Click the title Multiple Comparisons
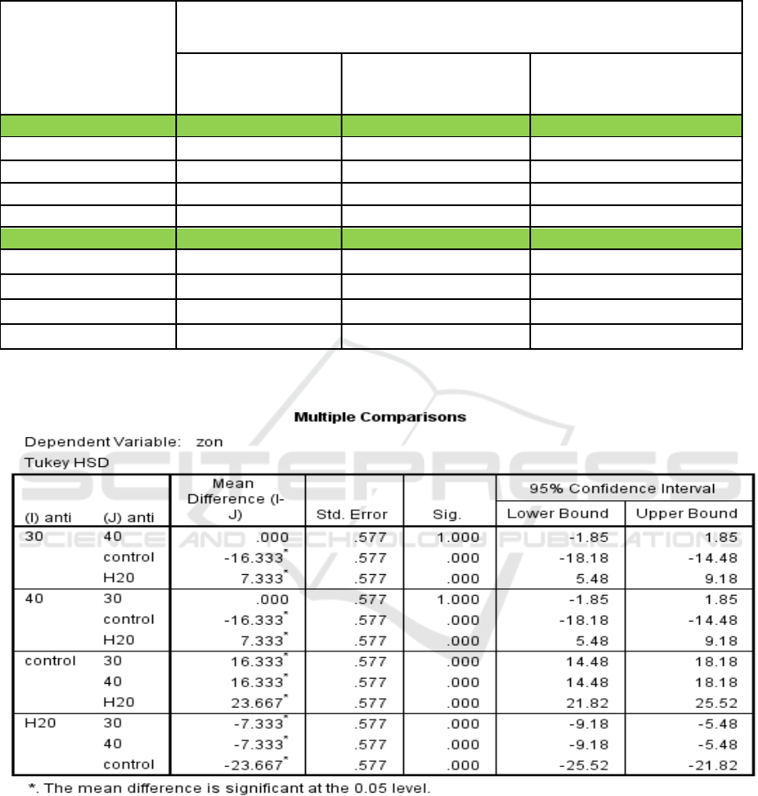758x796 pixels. click(x=380, y=416)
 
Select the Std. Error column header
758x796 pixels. click(x=354, y=513)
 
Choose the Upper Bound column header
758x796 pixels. click(x=687, y=513)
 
